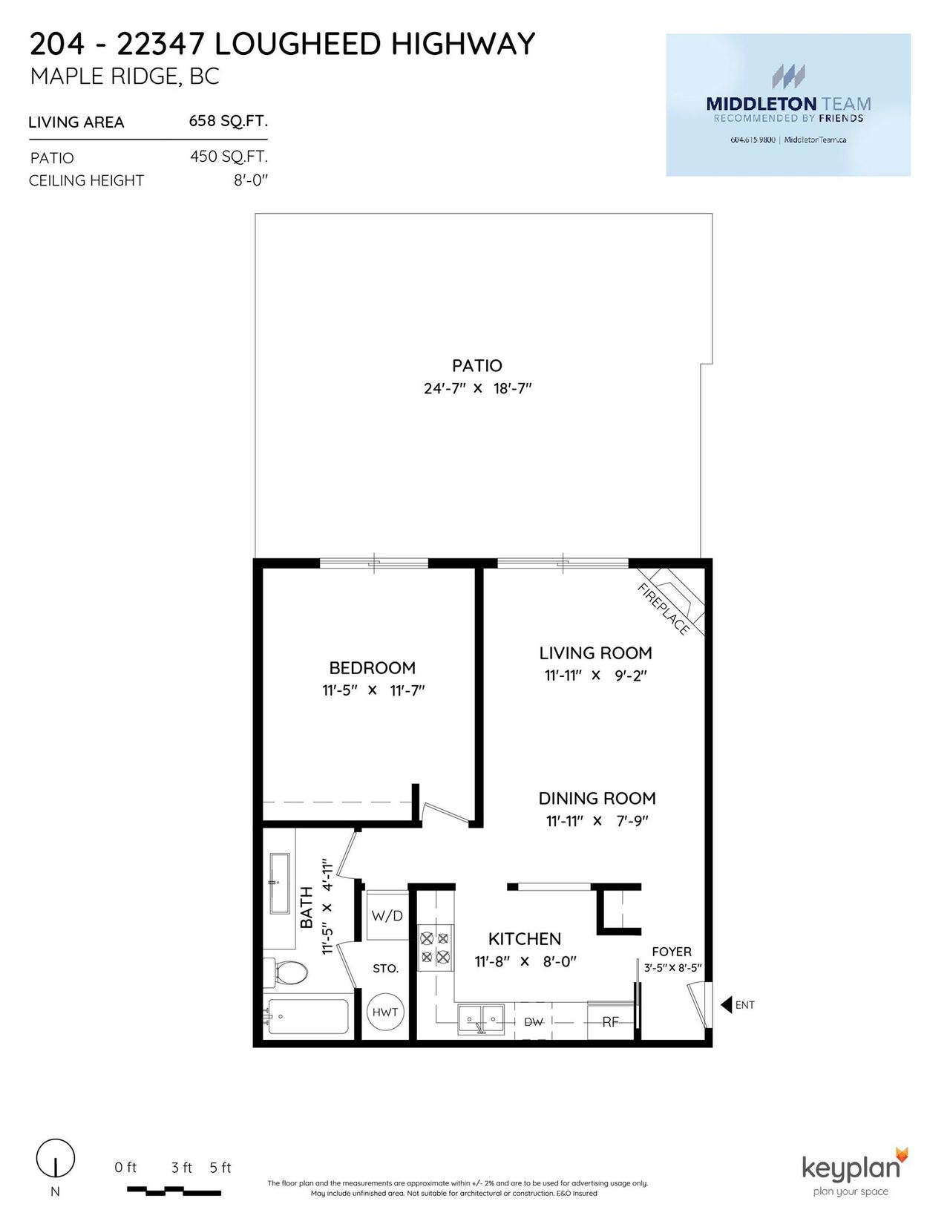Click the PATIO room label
click(x=476, y=366)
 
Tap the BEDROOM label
click(x=373, y=668)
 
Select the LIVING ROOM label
click(x=595, y=653)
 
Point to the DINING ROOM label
click(x=597, y=799)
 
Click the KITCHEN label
click(x=525, y=939)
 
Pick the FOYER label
click(x=672, y=952)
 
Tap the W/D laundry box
click(x=387, y=916)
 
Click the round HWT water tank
click(x=384, y=1012)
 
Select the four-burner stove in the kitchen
click(x=436, y=947)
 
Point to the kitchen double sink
click(x=481, y=1019)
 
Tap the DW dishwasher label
click(x=534, y=1021)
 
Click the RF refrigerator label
click(x=610, y=1021)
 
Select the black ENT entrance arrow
click(x=727, y=1005)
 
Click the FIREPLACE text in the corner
click(x=663, y=609)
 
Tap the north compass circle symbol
click(x=56, y=1157)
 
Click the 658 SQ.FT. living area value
click(x=228, y=121)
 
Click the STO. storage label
click(x=385, y=969)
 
